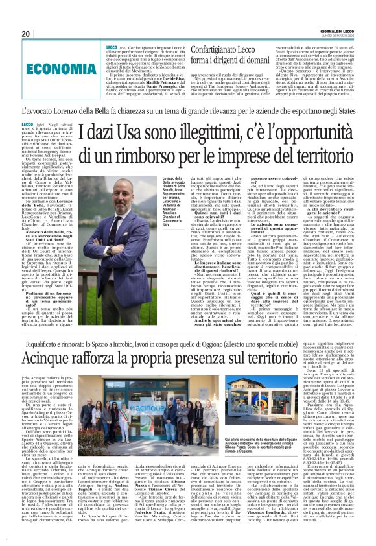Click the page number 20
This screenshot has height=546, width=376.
(25, 34)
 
